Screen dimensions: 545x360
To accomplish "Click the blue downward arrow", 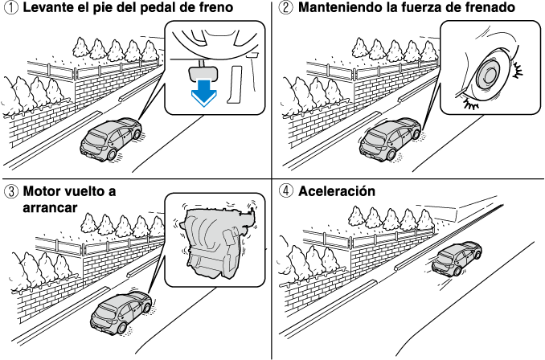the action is click(203, 93).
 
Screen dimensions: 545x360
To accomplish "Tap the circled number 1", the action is click(12, 8).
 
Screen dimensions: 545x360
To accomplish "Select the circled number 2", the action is click(286, 8).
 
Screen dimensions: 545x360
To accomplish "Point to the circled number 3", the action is click(12, 191).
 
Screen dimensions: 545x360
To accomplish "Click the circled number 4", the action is click(286, 191).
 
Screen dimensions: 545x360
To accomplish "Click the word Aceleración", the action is click(337, 191).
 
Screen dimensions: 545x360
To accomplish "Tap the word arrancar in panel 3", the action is click(50, 207).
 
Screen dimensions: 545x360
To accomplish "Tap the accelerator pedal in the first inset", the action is click(236, 84).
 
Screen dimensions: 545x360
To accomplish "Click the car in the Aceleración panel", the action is click(457, 259).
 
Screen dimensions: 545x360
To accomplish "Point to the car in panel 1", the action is click(111, 139).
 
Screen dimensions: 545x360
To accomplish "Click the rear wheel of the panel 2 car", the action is click(391, 154).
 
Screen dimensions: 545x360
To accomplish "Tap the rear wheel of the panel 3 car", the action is click(121, 328).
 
